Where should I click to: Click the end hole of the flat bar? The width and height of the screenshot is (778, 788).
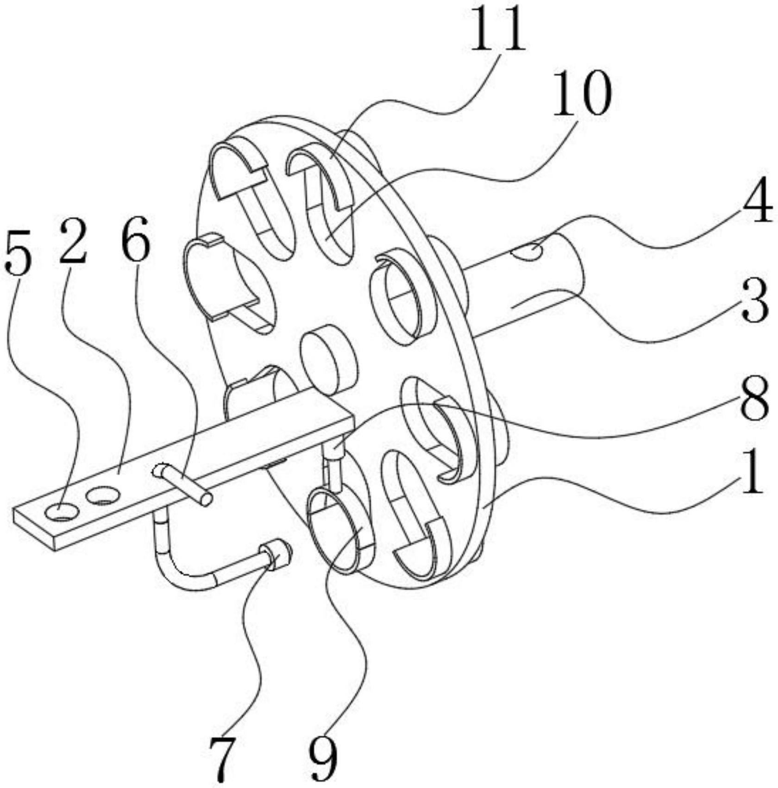pos(62,512)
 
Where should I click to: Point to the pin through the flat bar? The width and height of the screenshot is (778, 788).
pos(183,484)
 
